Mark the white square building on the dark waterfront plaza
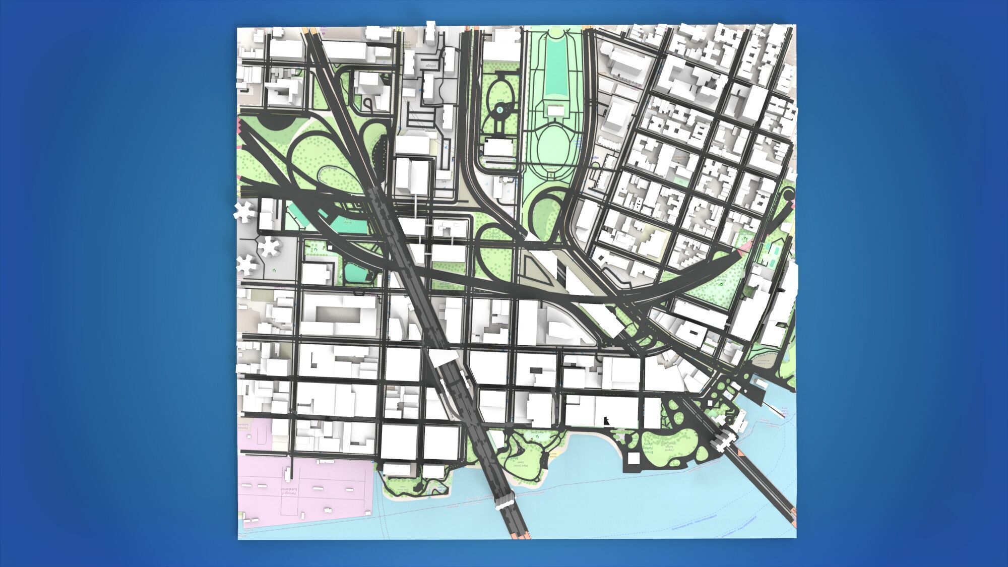point(634,458)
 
